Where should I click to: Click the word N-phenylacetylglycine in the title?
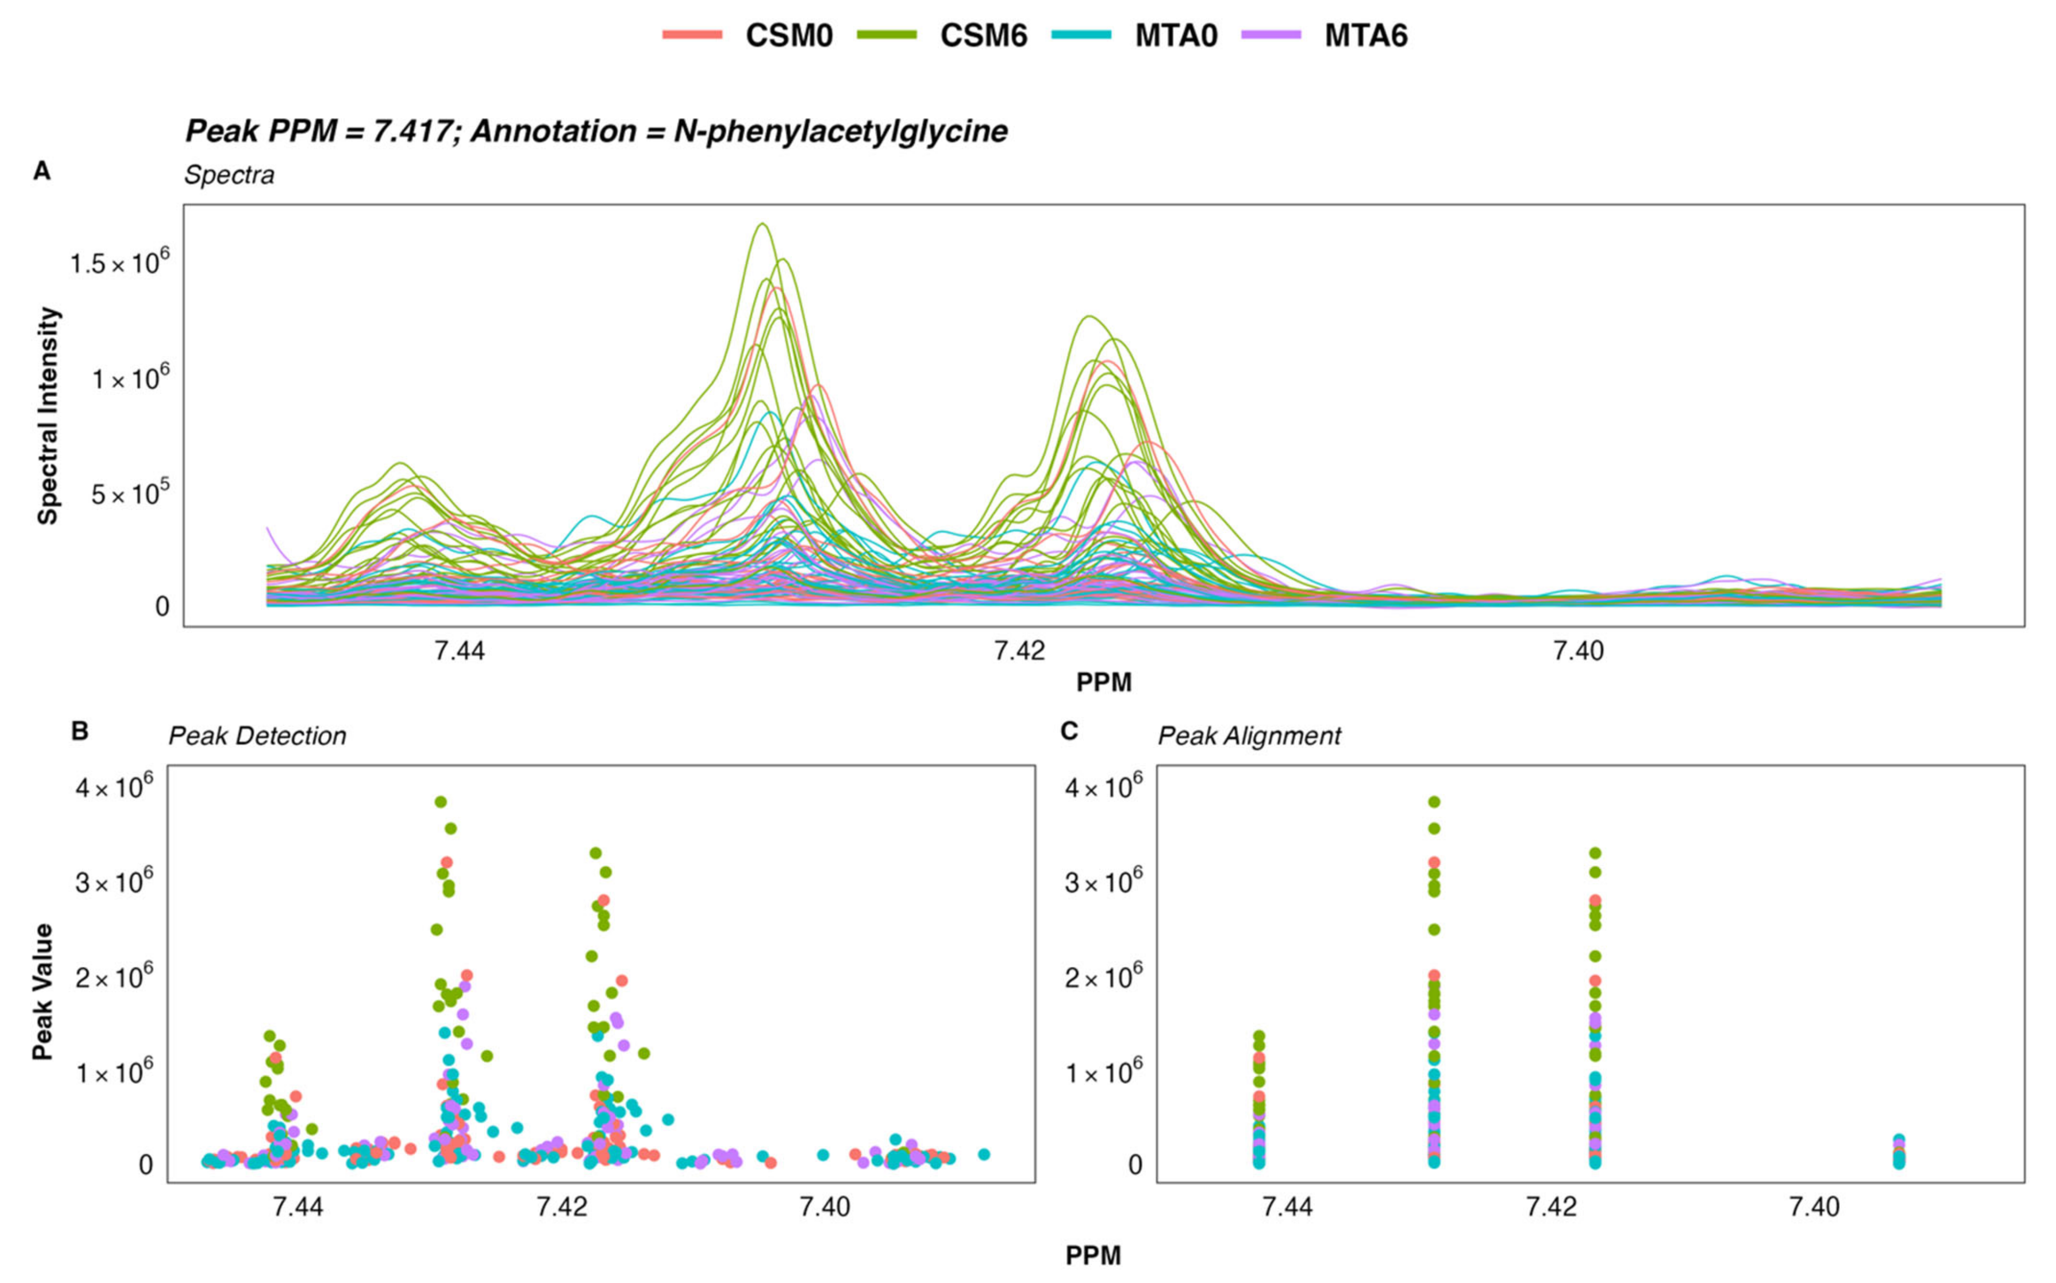point(840,132)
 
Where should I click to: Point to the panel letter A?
point(41,172)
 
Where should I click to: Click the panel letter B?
point(79,730)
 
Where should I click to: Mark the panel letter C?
point(1069,730)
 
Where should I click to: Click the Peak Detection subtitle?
point(257,735)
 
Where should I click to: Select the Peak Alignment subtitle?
point(1249,735)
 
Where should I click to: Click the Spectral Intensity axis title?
point(49,416)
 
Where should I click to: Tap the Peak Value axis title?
point(42,991)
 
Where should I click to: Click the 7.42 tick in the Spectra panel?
point(1019,651)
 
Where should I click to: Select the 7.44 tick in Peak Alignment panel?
point(1287,1206)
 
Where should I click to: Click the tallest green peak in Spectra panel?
point(762,224)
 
